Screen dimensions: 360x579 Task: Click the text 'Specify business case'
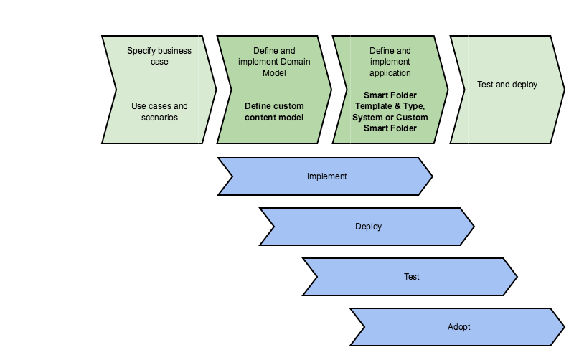pos(159,56)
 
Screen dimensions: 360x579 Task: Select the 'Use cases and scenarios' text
pos(159,111)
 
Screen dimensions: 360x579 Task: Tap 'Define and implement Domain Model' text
pos(274,62)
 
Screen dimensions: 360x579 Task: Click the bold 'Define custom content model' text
pos(274,111)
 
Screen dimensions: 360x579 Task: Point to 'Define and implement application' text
pos(390,62)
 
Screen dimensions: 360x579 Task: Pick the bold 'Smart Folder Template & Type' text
pos(390,100)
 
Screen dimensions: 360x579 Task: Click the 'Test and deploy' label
pos(507,85)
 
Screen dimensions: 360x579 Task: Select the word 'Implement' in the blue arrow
pos(326,176)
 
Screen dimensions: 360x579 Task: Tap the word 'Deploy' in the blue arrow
pos(368,227)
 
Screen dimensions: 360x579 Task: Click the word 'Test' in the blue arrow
pos(411,277)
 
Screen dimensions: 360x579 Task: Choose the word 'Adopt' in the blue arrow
pos(458,327)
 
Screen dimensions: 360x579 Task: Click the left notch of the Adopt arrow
pos(364,327)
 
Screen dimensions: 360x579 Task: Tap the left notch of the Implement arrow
pos(233,176)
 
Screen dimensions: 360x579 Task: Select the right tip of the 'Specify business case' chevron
pos(215,90)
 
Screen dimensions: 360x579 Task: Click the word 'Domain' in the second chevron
pos(295,62)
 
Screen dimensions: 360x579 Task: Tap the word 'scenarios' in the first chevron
pos(159,117)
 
